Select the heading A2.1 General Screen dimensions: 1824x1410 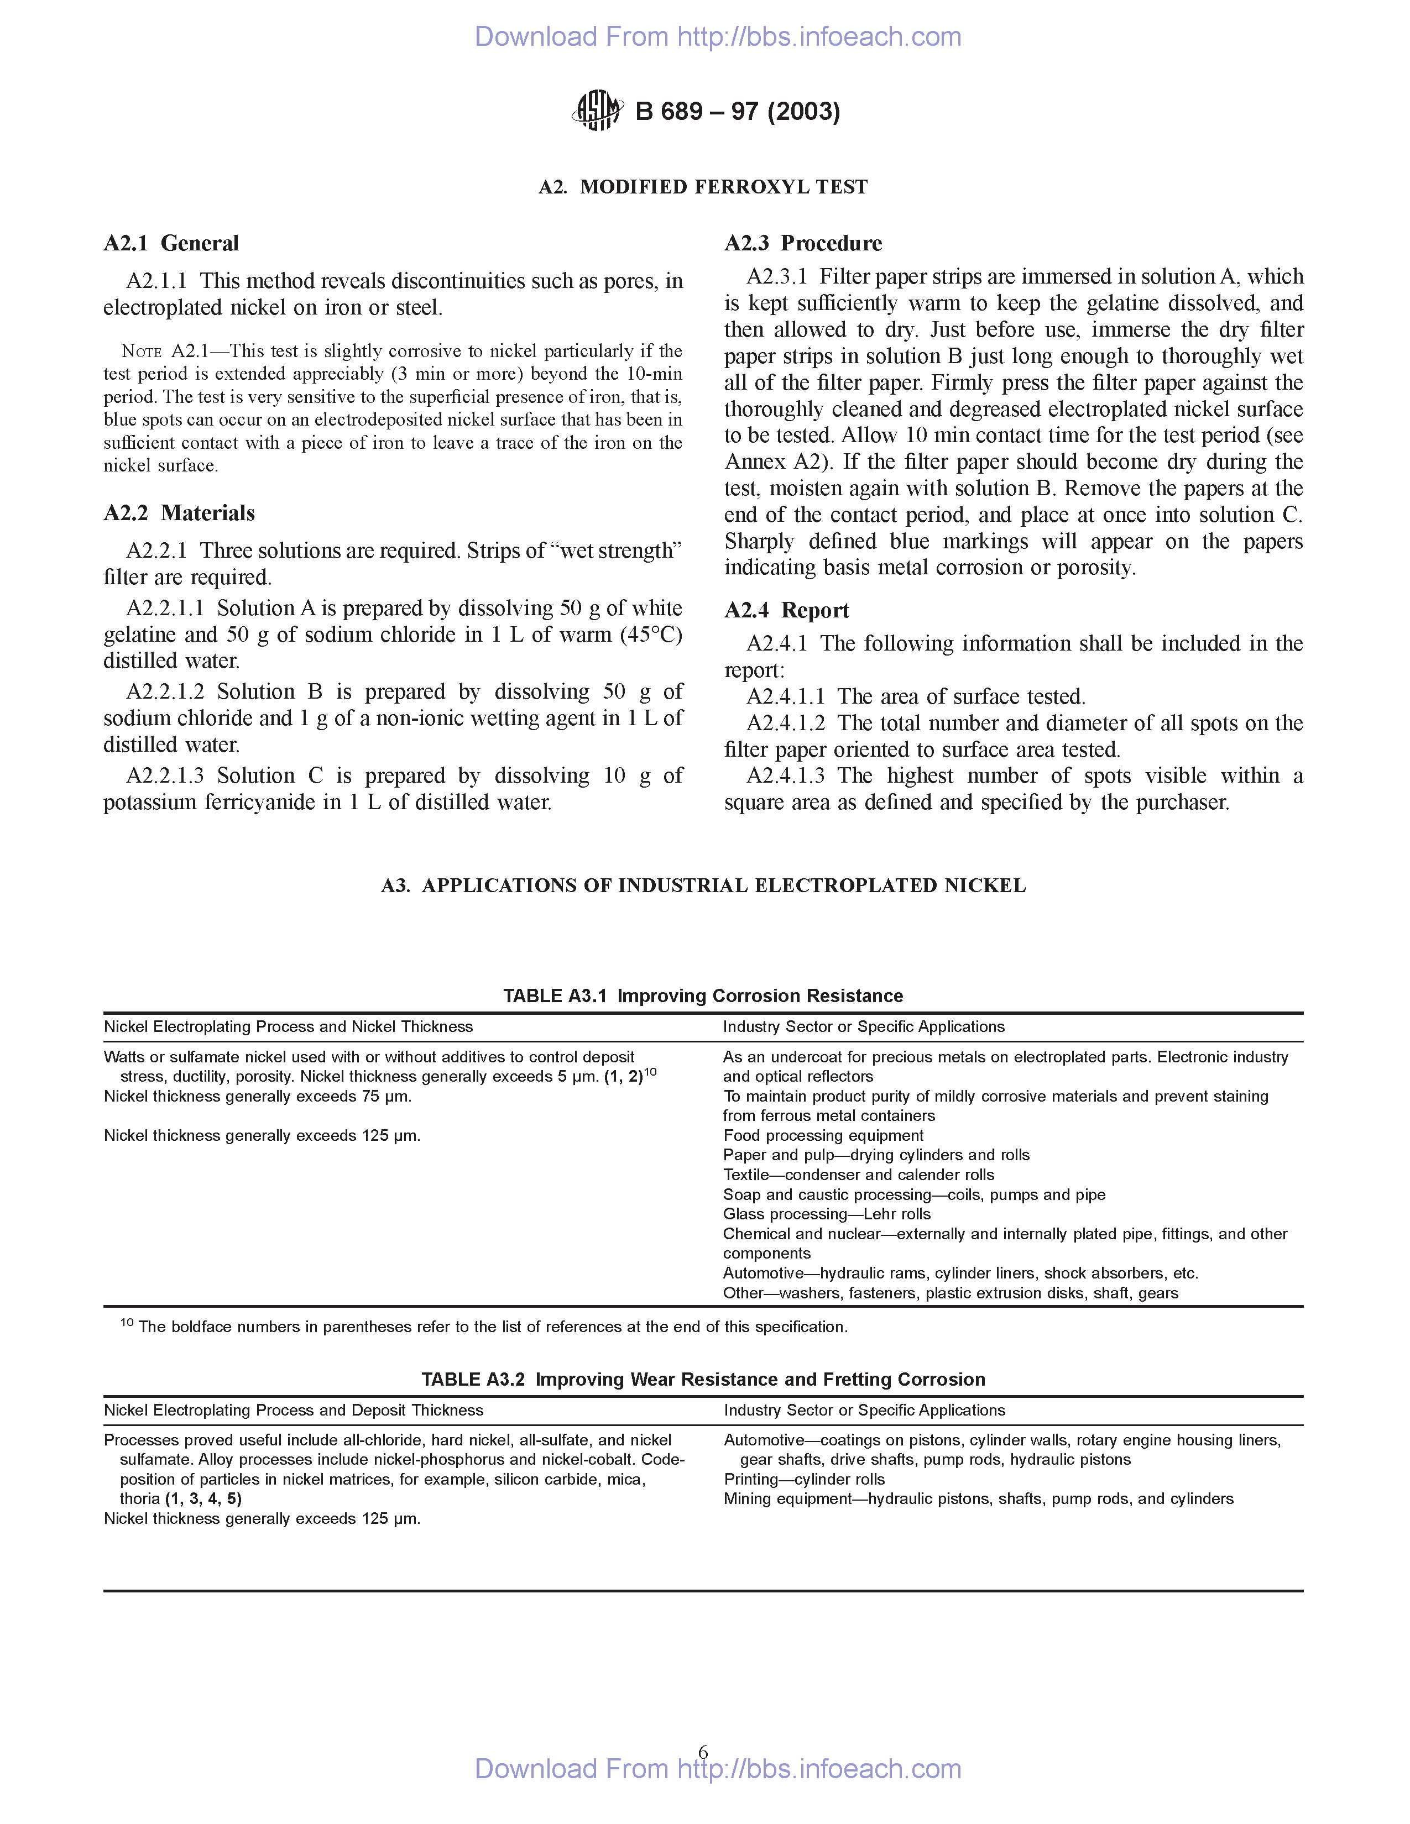click(x=171, y=243)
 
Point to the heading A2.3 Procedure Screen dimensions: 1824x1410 click(x=803, y=243)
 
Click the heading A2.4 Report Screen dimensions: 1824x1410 click(x=786, y=611)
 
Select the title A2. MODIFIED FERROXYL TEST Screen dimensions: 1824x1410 click(x=703, y=187)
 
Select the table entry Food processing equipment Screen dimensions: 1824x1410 click(x=823, y=1136)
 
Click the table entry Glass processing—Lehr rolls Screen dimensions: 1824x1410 click(x=826, y=1214)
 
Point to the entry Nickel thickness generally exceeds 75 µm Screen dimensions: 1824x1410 click(x=257, y=1097)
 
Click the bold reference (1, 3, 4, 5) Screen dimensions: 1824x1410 click(x=203, y=1499)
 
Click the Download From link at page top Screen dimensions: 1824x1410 click(x=718, y=36)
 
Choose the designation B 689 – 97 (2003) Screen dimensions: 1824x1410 click(x=738, y=111)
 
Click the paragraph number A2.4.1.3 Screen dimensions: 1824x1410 click(x=785, y=776)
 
